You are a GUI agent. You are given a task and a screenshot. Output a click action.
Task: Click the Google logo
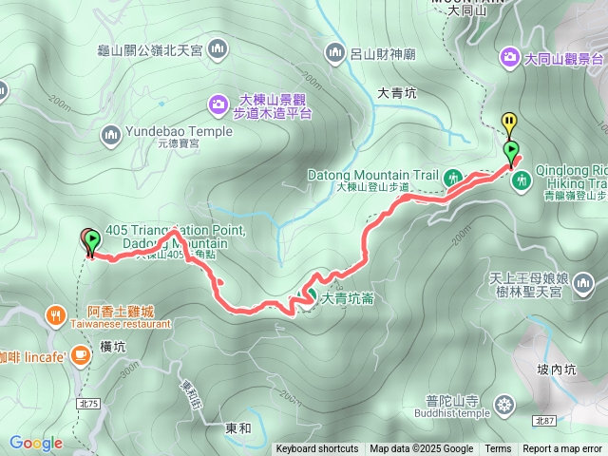tap(36, 443)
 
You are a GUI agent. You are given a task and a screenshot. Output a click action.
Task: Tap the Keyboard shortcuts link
tap(317, 449)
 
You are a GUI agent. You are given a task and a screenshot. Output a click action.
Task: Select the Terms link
tap(498, 449)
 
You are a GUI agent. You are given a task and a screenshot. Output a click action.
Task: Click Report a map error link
tap(562, 449)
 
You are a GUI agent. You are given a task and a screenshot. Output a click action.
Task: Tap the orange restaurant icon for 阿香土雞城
tap(56, 314)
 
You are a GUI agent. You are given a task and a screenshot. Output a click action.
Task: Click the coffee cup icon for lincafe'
tap(80, 354)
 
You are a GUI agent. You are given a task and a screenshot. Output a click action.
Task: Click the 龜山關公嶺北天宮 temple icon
tap(218, 47)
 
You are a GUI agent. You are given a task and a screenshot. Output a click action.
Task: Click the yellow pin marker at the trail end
tap(509, 123)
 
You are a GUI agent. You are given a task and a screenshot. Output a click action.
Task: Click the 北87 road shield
tap(543, 420)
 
